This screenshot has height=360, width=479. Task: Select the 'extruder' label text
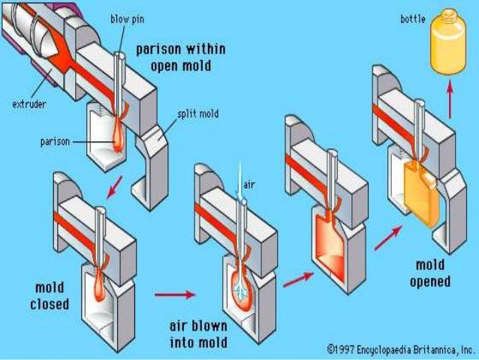28,104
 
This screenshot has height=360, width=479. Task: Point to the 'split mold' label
197,114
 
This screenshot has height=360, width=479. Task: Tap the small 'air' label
249,183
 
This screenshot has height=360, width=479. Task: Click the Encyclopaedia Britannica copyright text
401,349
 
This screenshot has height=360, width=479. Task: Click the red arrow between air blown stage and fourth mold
297,279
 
